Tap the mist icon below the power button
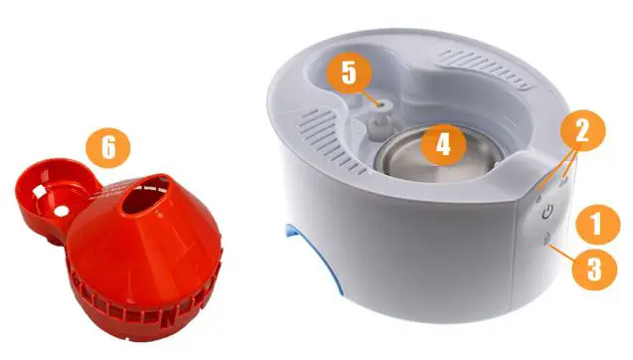547,240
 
